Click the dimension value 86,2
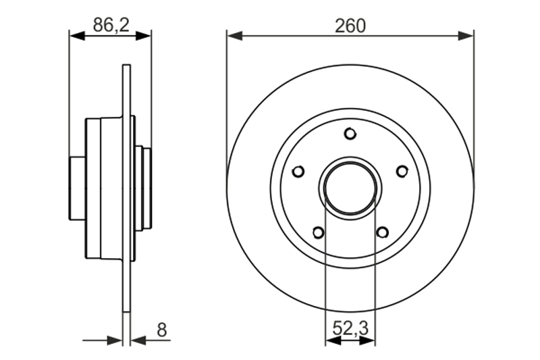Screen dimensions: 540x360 (111, 25)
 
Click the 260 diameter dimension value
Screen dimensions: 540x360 (350, 26)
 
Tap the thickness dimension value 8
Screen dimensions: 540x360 (161, 330)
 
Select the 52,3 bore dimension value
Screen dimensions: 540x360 (350, 328)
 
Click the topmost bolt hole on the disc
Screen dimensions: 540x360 (350, 134)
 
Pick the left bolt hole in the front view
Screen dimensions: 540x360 (298, 171)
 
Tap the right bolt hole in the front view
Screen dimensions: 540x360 (402, 171)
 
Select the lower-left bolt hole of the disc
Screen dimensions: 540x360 (318, 232)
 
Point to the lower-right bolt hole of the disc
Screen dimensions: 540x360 (382, 232)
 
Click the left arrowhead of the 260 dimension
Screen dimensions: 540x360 (234, 36)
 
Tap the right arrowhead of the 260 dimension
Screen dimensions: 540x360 (466, 36)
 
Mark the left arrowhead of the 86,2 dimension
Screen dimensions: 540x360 (77, 36)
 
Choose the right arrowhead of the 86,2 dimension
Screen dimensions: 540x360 (144, 36)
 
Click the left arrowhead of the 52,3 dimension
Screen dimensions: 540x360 (333, 340)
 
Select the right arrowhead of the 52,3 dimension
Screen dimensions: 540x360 (367, 340)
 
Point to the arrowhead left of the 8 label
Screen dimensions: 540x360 (139, 340)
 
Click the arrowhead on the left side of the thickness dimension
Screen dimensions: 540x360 (115, 340)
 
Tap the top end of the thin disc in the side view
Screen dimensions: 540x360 (127, 65)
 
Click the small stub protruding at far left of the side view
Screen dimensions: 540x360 (78, 188)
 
